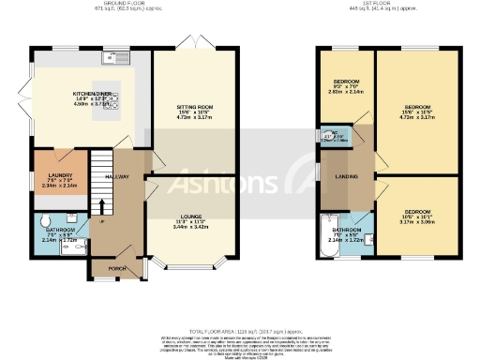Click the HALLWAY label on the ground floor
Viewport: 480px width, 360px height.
(117, 176)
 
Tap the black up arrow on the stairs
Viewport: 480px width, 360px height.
(101, 221)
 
